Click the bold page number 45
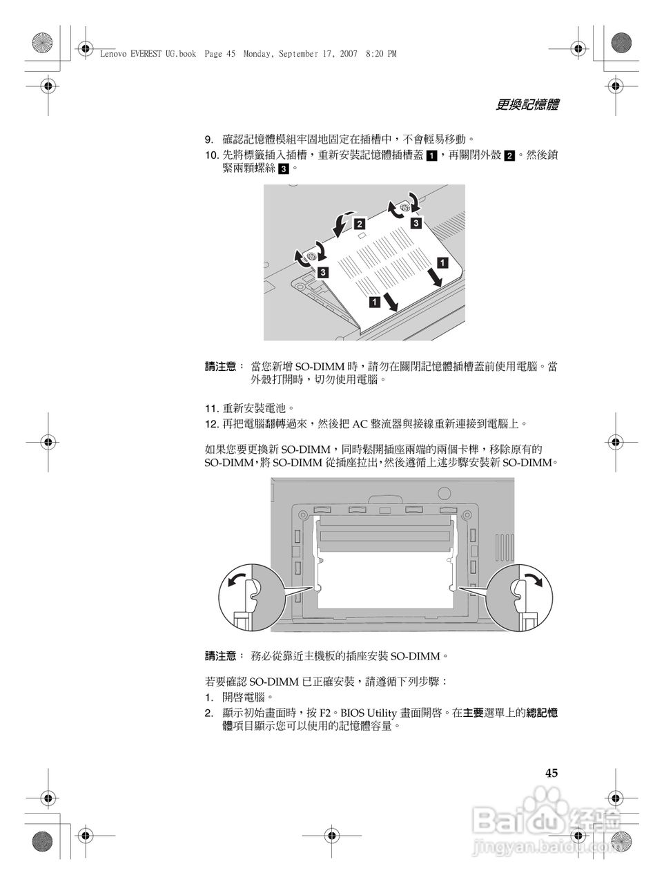(x=551, y=773)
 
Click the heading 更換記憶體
(x=527, y=105)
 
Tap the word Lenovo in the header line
(x=114, y=54)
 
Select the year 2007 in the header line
(x=347, y=54)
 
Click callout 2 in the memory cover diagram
(x=360, y=224)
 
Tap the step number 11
(x=211, y=408)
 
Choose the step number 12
(x=211, y=423)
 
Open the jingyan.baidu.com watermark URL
(x=545, y=845)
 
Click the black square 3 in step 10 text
(x=283, y=169)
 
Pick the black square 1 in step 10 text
(x=430, y=156)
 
